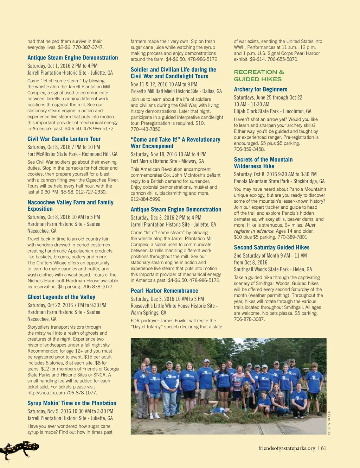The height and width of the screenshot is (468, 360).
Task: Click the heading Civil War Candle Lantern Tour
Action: [64, 139]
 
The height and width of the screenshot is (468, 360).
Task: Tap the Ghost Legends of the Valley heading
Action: [61, 297]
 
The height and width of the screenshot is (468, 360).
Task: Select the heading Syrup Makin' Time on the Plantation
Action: [72, 403]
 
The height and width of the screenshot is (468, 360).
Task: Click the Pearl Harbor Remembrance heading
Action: [164, 291]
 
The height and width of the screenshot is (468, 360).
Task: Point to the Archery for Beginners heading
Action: [261, 89]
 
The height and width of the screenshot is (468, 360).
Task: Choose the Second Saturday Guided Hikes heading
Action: [271, 247]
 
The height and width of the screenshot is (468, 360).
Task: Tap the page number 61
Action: [323, 448]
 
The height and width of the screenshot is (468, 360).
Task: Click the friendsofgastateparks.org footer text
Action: [287, 448]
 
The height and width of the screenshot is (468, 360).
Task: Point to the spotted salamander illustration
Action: [19, 450]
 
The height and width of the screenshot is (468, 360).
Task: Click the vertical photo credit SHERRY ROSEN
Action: [329, 423]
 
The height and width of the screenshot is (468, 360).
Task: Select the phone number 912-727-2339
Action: [91, 192]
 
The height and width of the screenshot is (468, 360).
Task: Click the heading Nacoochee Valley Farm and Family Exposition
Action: [70, 205]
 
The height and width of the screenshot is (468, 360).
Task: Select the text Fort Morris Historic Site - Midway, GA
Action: [167, 161]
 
